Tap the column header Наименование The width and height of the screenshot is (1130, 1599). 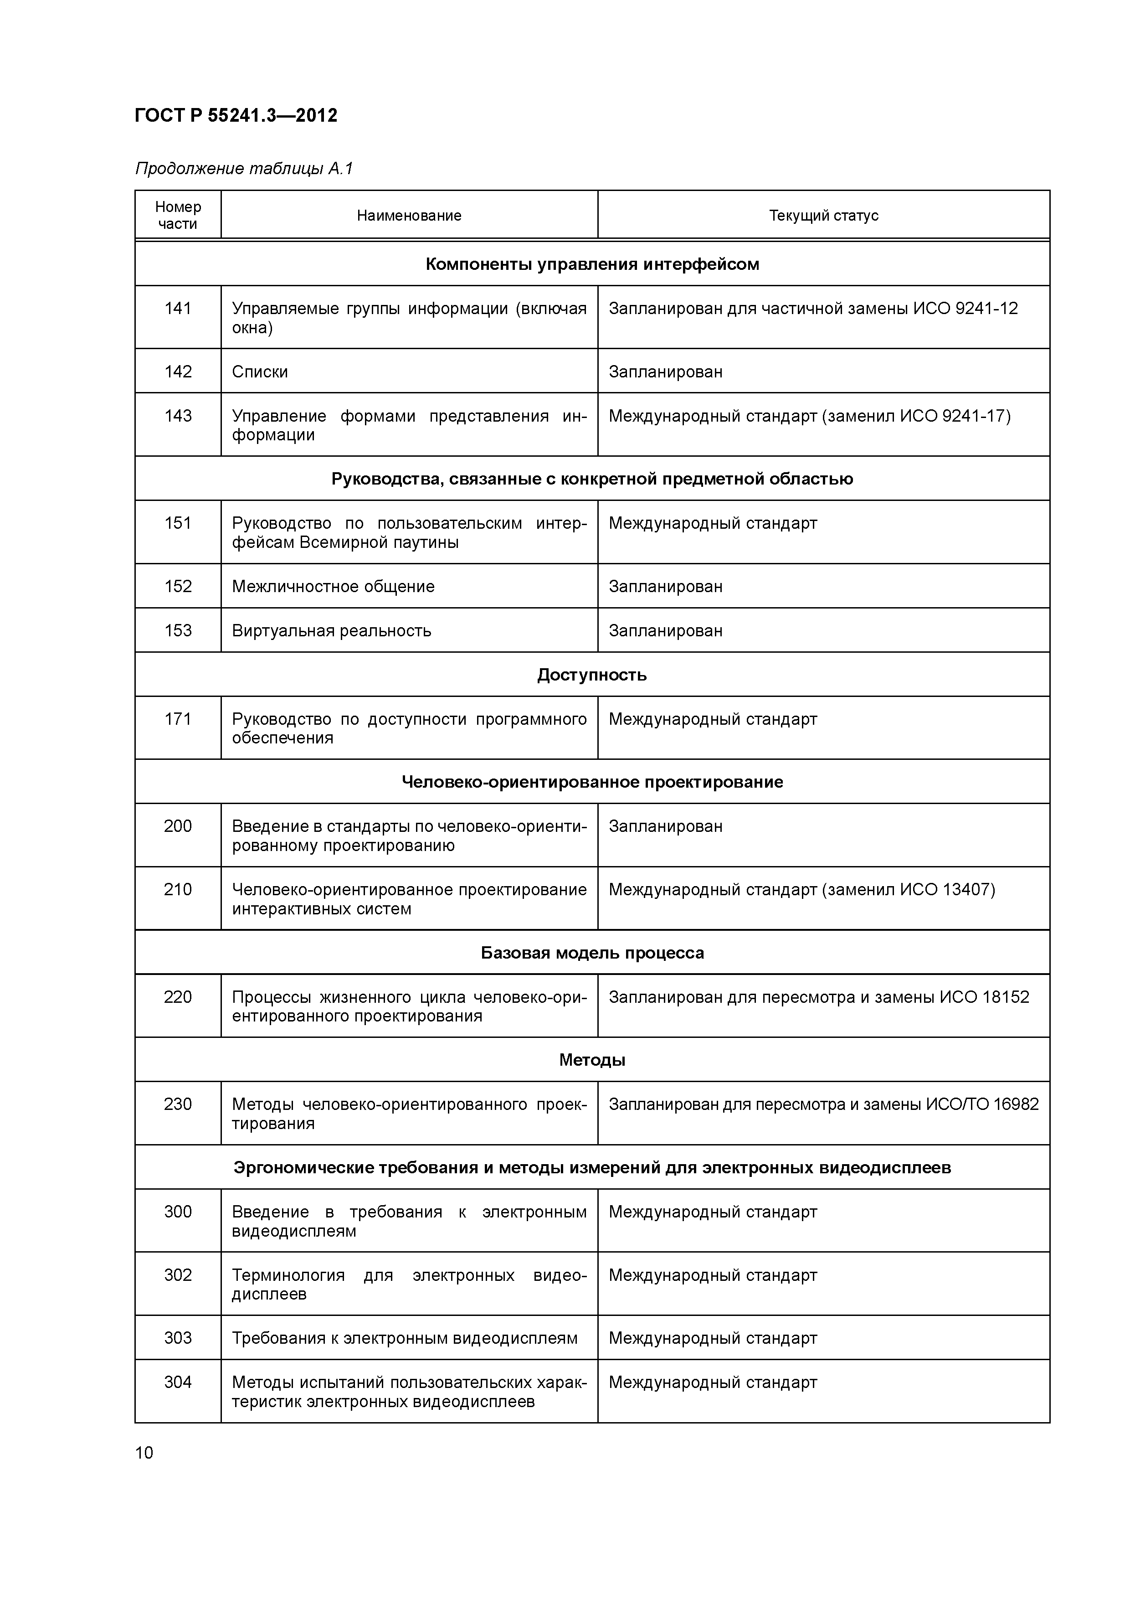click(x=409, y=216)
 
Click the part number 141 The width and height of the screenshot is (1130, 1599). click(x=178, y=309)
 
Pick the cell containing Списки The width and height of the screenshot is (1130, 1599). click(x=260, y=372)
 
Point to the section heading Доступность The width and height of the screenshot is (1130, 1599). click(x=592, y=675)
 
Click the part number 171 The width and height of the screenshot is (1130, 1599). click(x=178, y=719)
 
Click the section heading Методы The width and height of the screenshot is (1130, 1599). click(x=592, y=1060)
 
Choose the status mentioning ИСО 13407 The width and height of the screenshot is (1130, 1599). click(x=801, y=890)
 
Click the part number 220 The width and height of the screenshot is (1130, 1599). click(x=178, y=997)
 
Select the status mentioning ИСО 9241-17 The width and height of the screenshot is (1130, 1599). click(x=809, y=417)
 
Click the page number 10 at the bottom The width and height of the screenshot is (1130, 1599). click(x=144, y=1453)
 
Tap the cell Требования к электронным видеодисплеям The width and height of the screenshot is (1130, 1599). click(x=405, y=1339)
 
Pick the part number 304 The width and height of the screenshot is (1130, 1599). click(x=178, y=1382)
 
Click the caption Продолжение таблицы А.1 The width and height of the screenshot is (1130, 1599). click(x=244, y=169)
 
